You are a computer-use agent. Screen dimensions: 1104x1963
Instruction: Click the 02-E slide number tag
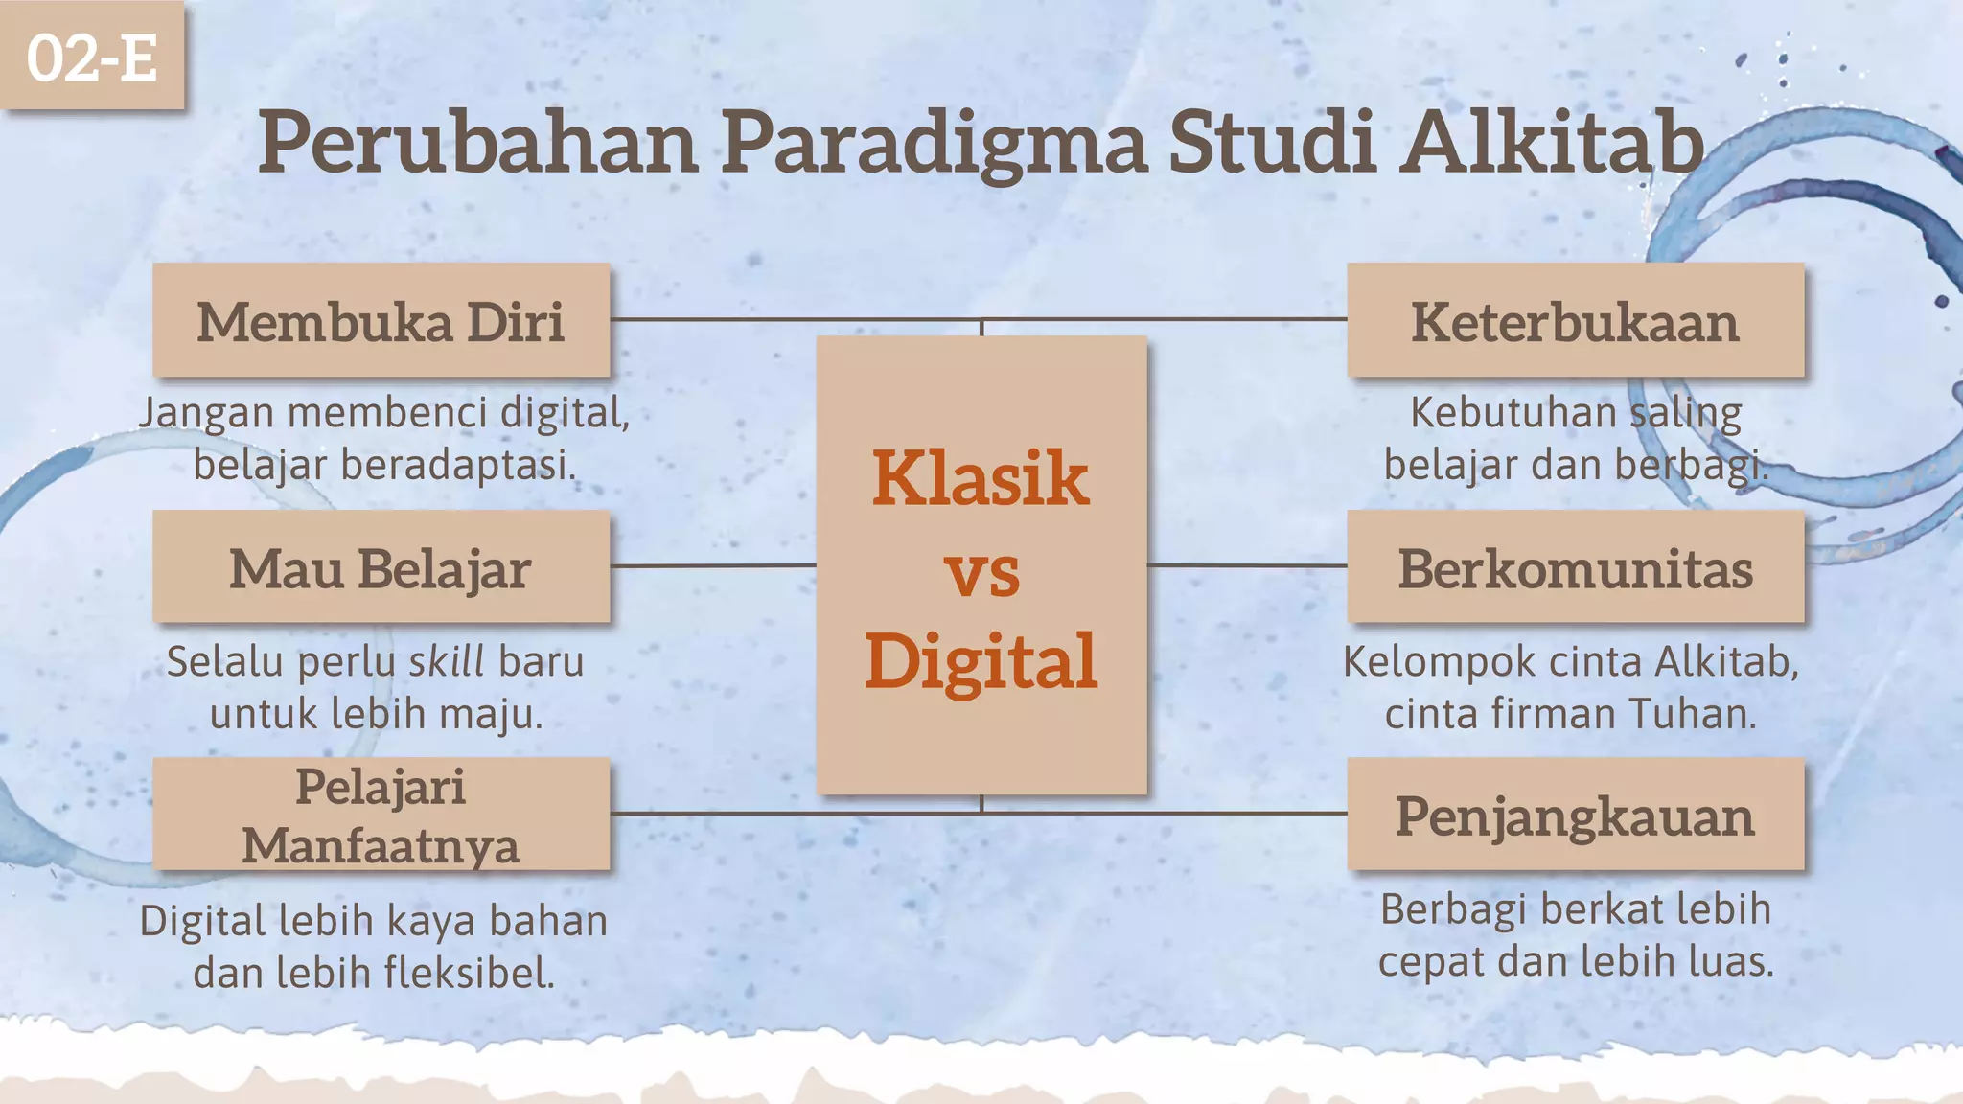click(x=92, y=56)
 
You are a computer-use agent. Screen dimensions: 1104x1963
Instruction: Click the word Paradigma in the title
click(x=934, y=144)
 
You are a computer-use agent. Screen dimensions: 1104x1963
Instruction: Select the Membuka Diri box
click(x=381, y=320)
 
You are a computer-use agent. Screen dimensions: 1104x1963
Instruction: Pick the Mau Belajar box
click(x=381, y=567)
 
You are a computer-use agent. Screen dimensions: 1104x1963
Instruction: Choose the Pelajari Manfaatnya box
click(x=381, y=815)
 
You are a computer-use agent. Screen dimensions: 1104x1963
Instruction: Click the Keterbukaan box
click(x=1575, y=320)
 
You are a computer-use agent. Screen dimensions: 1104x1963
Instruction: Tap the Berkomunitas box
click(x=1575, y=567)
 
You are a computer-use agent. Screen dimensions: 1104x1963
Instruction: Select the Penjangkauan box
click(x=1575, y=815)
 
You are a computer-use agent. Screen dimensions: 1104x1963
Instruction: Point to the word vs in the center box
click(x=981, y=573)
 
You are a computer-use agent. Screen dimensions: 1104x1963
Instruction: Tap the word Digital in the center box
click(x=980, y=661)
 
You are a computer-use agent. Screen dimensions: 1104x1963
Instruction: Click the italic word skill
click(x=447, y=661)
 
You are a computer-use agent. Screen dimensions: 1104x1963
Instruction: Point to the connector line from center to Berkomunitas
click(x=1246, y=565)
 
